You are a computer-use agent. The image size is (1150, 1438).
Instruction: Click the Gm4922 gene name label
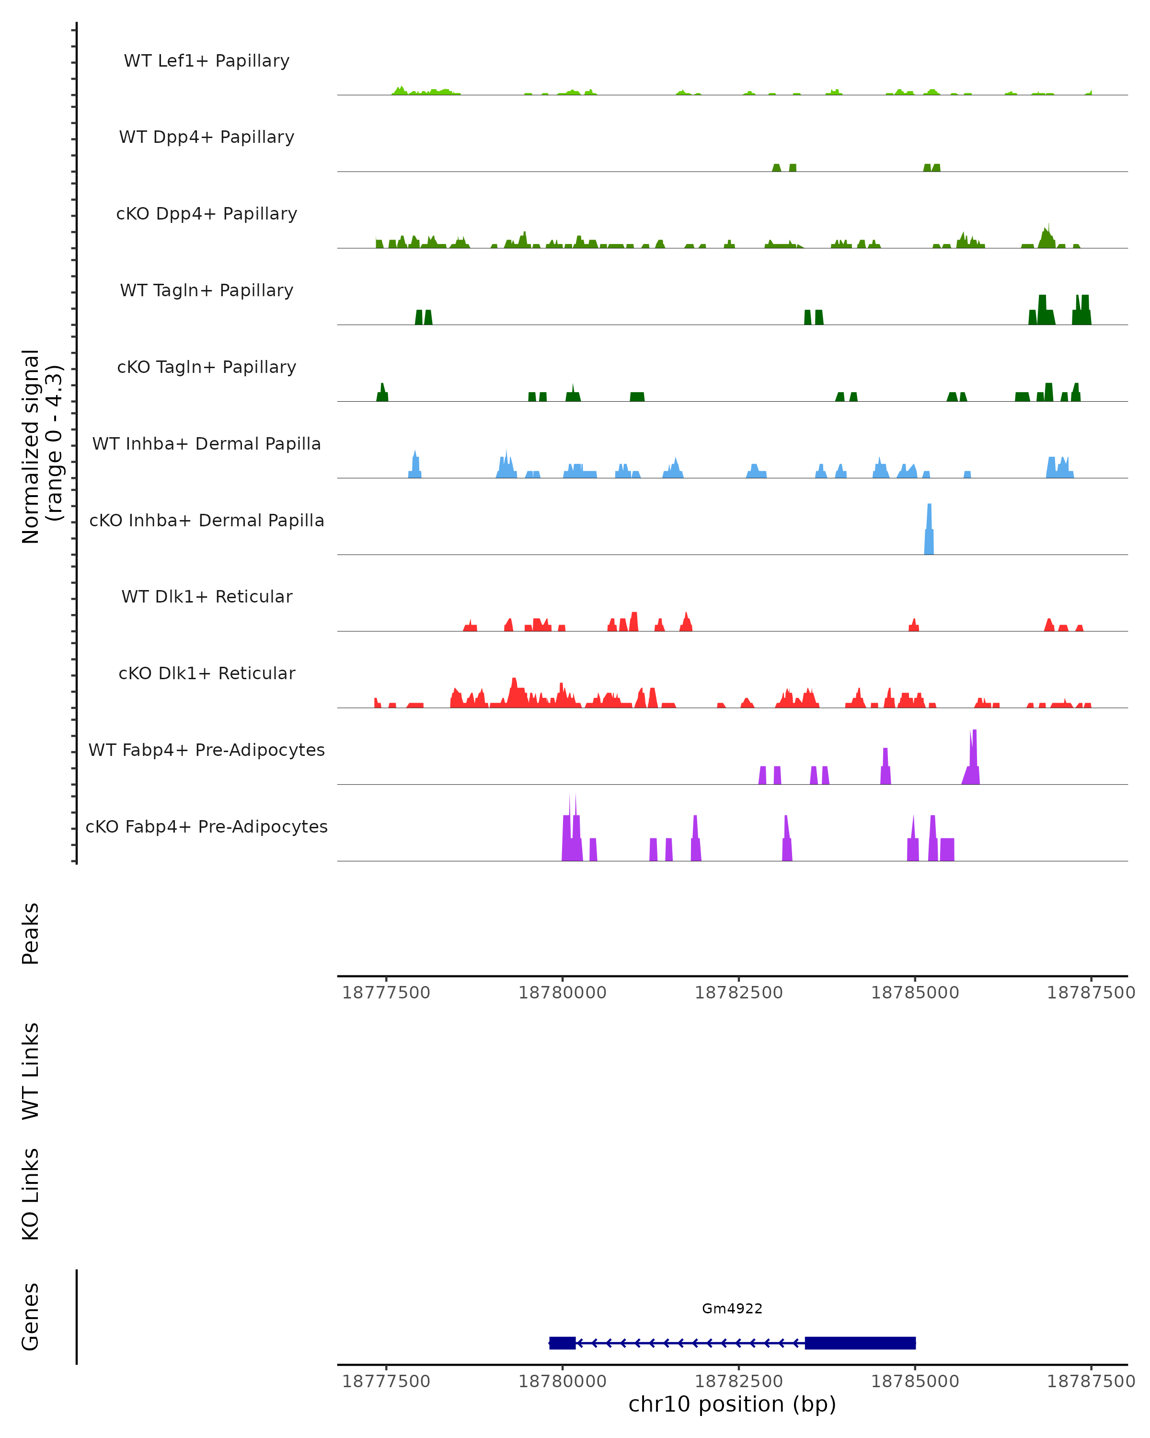pos(731,1309)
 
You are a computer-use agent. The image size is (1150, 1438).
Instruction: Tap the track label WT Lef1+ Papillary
pos(207,61)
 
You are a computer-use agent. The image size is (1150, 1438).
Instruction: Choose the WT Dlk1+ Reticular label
pos(207,596)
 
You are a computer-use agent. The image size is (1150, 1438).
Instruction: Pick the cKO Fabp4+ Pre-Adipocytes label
pos(207,826)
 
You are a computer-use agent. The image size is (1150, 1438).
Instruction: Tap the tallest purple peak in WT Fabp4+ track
pos(973,757)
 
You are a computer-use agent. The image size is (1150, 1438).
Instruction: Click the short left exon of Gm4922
pos(562,1343)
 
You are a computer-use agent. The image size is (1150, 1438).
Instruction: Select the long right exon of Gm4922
pos(860,1343)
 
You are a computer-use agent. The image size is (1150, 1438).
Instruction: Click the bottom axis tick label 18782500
pos(739,1381)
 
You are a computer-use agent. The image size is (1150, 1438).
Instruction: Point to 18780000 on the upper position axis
pos(562,993)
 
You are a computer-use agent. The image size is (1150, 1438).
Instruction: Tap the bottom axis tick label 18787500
pos(1091,1381)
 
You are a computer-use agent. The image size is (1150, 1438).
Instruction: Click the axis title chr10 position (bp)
pos(731,1404)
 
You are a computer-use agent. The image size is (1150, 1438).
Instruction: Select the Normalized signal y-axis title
pos(41,446)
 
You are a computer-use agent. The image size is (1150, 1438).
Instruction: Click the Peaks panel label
pos(31,933)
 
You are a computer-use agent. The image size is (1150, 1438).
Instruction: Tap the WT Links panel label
pos(31,1070)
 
